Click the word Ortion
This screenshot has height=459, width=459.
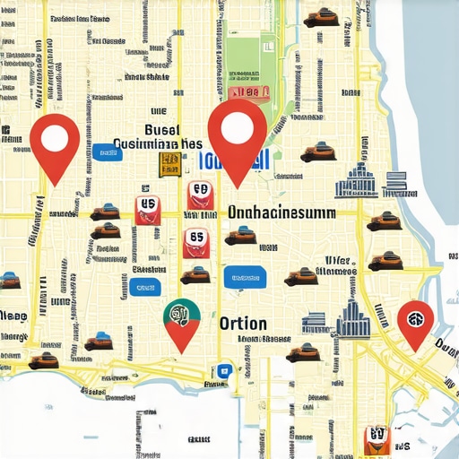tap(242, 323)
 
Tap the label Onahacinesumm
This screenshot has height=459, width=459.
tap(281, 213)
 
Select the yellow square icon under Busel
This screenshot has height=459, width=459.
tap(168, 163)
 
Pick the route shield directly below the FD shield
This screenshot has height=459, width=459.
tap(195, 240)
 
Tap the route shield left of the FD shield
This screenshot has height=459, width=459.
tap(146, 207)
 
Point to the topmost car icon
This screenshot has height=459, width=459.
tap(319, 16)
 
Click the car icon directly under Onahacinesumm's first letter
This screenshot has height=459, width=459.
tap(239, 237)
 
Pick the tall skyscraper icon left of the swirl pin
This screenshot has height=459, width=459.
tap(352, 317)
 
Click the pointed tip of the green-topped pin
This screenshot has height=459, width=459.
tap(183, 351)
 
